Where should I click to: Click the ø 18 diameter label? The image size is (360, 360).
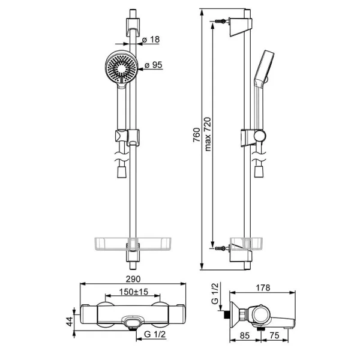151,40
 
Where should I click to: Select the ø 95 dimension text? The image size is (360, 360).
154,65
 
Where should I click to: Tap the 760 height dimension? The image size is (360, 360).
197,135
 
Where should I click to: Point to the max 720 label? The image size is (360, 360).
208,134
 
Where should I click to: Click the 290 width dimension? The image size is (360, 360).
133,279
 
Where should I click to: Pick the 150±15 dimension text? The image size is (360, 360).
134,292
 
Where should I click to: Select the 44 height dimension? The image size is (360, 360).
70,322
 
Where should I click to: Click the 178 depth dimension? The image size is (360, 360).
263,287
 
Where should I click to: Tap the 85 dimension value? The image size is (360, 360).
245,335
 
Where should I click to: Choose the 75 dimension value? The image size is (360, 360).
274,335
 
